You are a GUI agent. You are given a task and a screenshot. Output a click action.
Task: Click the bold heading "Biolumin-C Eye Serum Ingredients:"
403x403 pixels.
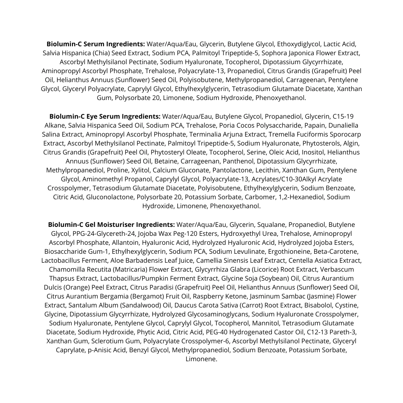point(105,116)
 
